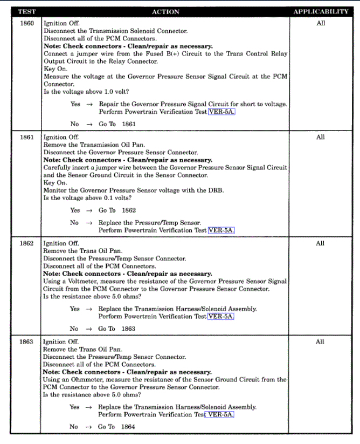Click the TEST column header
click(x=26, y=11)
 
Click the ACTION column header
click(x=165, y=11)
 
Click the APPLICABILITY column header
click(x=321, y=11)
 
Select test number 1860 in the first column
click(x=26, y=24)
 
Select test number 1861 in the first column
click(x=26, y=137)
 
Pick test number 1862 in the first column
click(x=26, y=243)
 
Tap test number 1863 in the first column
click(x=26, y=342)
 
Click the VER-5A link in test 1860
click(x=221, y=112)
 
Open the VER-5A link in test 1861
click(x=221, y=230)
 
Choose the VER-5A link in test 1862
click(x=221, y=317)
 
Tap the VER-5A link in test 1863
click(x=221, y=415)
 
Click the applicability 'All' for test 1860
click(x=321, y=24)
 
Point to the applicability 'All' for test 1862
click(x=321, y=243)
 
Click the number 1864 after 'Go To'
click(x=128, y=427)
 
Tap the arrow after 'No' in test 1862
click(x=89, y=329)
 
